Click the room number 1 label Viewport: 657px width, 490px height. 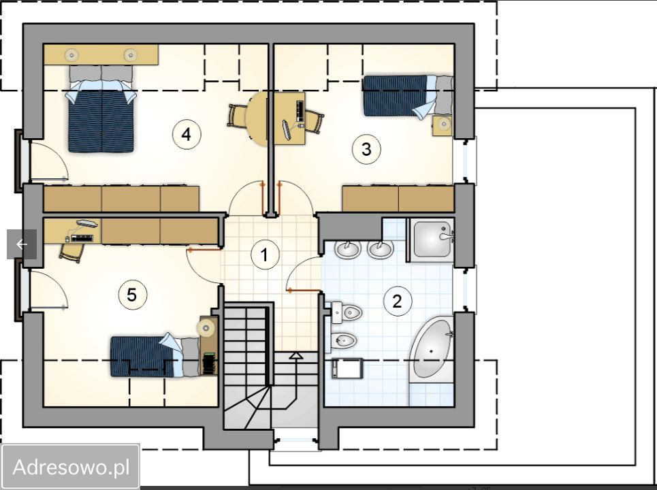pos(265,255)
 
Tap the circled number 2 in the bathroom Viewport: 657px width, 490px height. pos(397,301)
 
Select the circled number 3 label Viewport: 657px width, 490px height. pos(366,149)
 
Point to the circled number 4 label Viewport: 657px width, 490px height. pos(187,135)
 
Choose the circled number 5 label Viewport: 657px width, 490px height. pos(132,295)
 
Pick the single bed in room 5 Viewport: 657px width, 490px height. pos(155,355)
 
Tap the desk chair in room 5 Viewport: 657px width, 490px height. pos(72,252)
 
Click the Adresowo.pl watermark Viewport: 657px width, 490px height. pos(71,468)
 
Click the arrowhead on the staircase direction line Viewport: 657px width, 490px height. pos(296,355)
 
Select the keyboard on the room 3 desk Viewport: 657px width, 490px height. pos(300,112)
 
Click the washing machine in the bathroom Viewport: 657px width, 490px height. pos(347,368)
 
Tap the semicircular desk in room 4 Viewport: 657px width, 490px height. pos(257,119)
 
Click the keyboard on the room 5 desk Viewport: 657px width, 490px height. pos(82,238)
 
